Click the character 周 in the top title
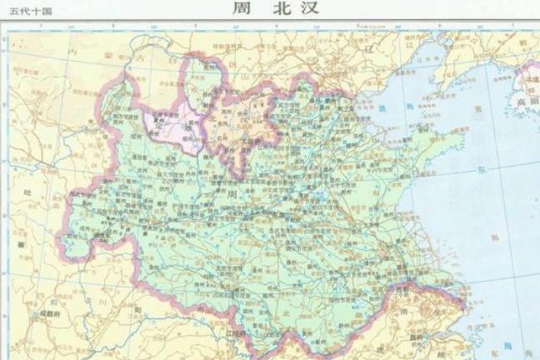[x=237, y=11]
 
